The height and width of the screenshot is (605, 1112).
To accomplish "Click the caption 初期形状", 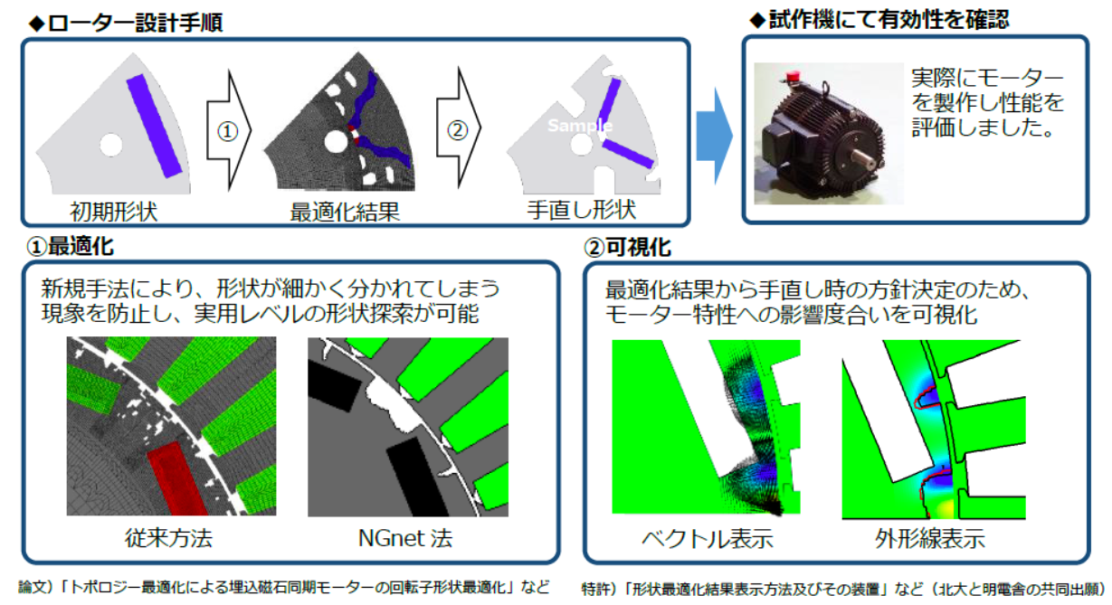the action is point(114,212).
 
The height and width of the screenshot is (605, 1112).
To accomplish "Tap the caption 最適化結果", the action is point(345,212).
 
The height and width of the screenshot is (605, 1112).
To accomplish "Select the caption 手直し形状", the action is point(581,210).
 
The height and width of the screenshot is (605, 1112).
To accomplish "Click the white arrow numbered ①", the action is point(229,130).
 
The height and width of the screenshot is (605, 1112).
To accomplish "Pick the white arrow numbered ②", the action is point(458,128).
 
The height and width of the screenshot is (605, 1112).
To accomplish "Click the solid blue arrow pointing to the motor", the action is point(715,136).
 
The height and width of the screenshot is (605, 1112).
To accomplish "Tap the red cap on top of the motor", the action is point(793,76).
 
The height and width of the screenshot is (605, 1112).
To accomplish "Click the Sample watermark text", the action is point(580,126).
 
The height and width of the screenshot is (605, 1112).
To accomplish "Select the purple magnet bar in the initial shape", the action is point(155,126).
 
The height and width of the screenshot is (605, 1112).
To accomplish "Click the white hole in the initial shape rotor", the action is point(110,145).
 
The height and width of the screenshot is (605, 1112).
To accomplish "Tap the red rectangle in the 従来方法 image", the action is point(177,478).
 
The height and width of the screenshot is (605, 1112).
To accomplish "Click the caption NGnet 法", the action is point(405,538).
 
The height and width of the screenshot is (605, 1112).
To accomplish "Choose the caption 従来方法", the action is point(169,538).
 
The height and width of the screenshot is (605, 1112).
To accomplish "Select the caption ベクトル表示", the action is point(708,538).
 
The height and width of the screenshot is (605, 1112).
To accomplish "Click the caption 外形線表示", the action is point(930,538).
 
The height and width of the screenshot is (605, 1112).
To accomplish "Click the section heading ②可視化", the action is point(628,247).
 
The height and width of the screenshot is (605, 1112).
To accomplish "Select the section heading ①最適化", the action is point(71,246).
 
